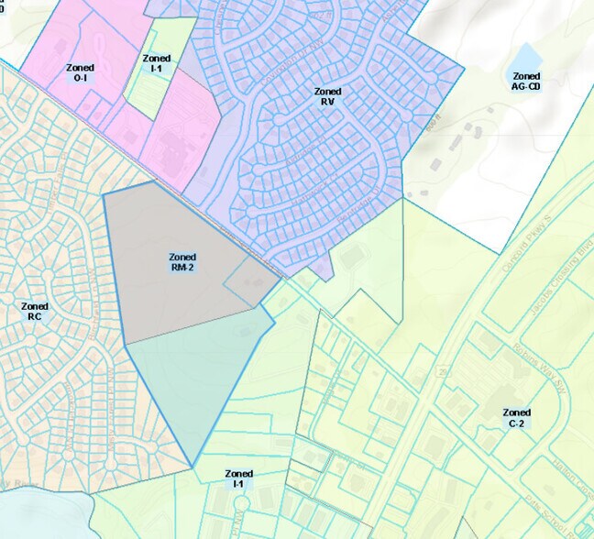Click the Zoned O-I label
pos(79,72)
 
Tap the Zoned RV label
pos(327,96)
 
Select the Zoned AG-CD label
pos(526,82)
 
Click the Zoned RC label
pos(35,311)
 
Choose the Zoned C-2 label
pos(516,418)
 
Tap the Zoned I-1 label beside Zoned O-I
pos(157,63)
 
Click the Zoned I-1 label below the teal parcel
pos(237,478)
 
